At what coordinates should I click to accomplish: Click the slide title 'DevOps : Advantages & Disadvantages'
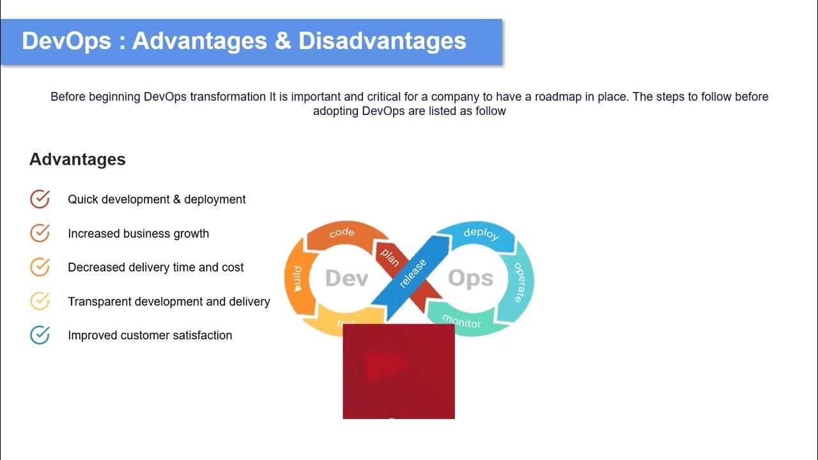point(244,41)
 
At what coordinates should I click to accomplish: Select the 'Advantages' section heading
point(77,159)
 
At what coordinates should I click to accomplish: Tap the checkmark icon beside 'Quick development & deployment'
point(40,199)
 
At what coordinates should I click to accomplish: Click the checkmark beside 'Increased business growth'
point(40,233)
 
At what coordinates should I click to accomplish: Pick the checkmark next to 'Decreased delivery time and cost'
point(40,267)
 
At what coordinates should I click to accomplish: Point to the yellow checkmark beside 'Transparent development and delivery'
point(40,301)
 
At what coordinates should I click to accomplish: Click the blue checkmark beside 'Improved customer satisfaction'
point(40,335)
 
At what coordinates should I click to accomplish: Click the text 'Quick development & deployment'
point(157,199)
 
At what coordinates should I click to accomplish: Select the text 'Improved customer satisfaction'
point(150,335)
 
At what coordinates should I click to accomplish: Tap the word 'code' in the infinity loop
point(341,233)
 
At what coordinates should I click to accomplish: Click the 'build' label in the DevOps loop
point(297,279)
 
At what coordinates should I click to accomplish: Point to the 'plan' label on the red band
point(389,256)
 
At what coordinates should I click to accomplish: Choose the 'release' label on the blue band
point(413,273)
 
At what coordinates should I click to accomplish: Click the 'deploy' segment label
point(481,233)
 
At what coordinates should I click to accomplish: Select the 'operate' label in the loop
point(520,282)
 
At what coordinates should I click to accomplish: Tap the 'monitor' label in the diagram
point(461,321)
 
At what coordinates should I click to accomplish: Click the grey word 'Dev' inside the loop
point(346,279)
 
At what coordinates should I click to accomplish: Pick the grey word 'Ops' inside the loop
point(470,279)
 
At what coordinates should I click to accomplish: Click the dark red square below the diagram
point(399,371)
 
